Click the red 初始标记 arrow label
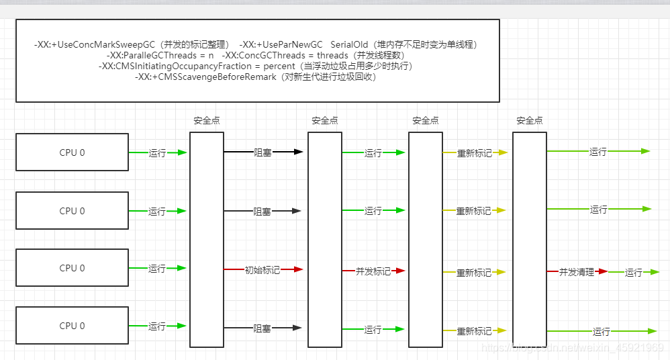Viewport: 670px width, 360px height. pos(262,270)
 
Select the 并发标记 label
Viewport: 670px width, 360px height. pos(373,271)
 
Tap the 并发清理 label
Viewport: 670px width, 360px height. pos(577,272)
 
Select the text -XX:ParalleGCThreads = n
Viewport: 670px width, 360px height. pos(160,55)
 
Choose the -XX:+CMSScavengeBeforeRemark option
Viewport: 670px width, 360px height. pos(205,77)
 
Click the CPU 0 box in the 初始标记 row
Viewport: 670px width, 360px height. pos(72,268)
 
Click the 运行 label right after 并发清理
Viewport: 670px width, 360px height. pos(634,273)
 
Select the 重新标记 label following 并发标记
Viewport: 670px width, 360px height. pos(474,273)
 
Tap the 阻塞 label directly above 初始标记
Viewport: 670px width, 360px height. pos(262,212)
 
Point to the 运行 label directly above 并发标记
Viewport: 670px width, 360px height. pos(373,211)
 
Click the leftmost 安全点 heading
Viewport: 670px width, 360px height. pos(207,121)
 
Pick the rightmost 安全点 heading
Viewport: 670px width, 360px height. pos(530,121)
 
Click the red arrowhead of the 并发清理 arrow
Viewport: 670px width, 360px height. pos(603,271)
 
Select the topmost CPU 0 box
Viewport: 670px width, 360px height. pos(72,152)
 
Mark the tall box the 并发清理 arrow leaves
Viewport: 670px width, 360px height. pos(530,238)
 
